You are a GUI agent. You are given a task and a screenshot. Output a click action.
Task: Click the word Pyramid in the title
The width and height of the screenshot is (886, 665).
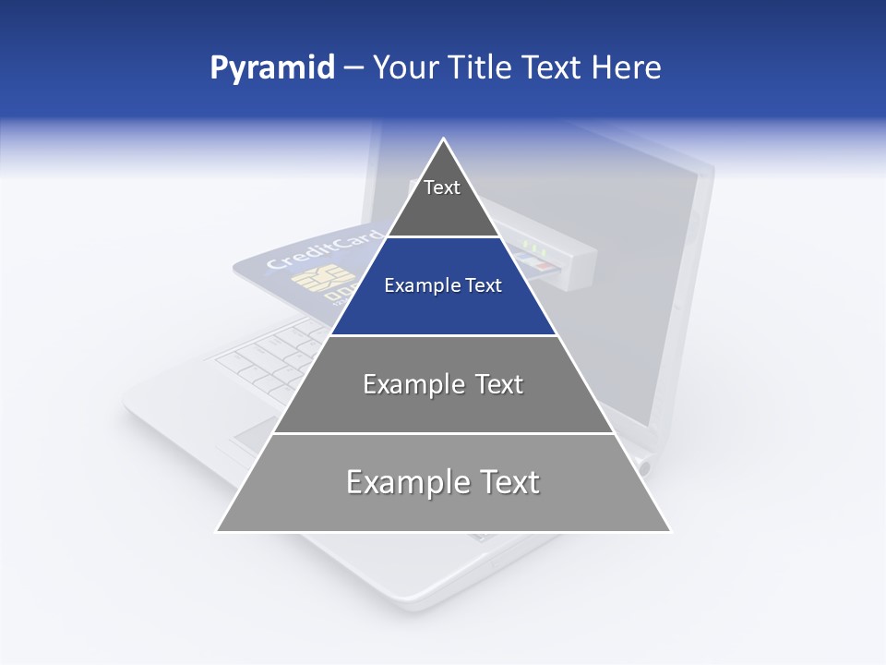(271, 68)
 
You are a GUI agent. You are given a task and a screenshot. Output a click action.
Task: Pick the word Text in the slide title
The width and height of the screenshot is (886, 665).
(554, 68)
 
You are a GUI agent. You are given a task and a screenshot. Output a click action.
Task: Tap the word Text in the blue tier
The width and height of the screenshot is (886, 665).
(483, 286)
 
